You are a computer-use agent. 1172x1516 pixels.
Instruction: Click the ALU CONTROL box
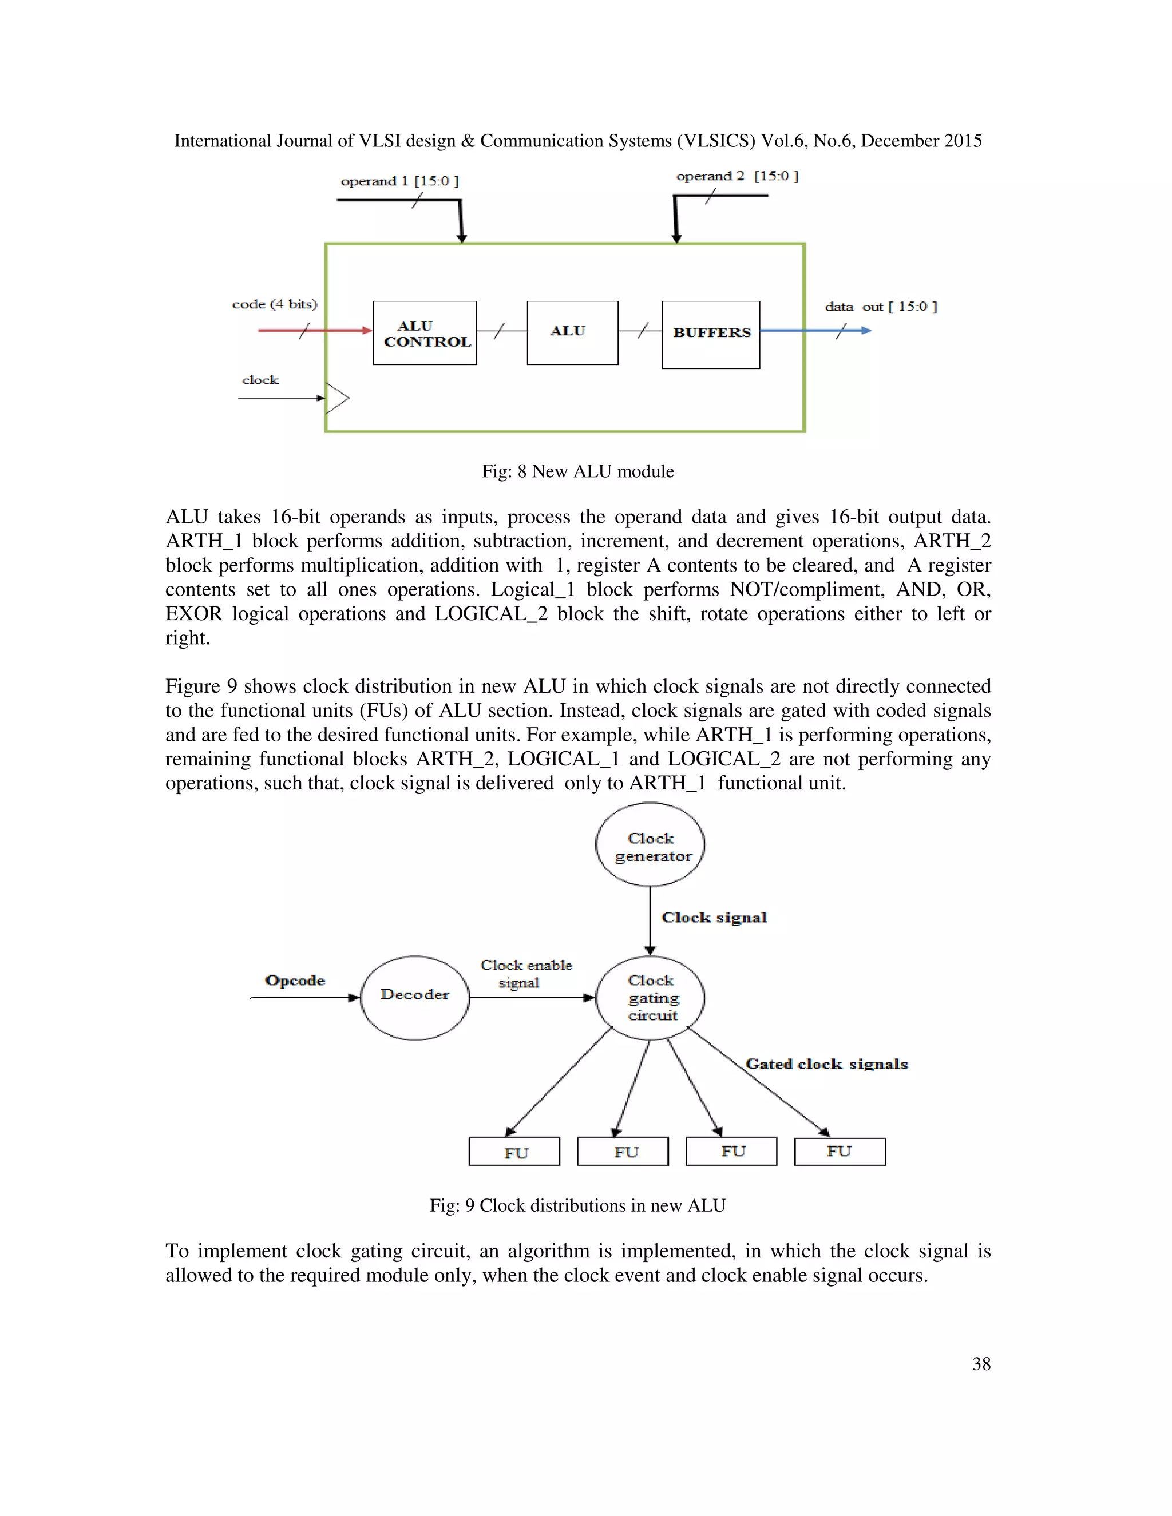point(425,333)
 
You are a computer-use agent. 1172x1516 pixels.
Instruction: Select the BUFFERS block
point(711,335)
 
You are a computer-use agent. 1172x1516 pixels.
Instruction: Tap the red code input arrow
point(315,331)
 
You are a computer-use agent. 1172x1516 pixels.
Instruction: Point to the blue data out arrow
point(816,331)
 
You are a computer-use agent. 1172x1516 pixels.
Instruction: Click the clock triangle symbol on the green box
point(336,398)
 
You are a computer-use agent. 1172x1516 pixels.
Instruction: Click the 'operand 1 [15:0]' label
point(399,181)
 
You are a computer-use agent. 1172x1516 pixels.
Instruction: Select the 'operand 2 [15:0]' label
point(737,176)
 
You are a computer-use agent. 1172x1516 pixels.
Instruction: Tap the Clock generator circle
point(651,845)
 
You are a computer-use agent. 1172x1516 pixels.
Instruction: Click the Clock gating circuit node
point(651,998)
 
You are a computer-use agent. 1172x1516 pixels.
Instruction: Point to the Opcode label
point(295,980)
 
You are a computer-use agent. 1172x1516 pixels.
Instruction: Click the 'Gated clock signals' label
point(826,1064)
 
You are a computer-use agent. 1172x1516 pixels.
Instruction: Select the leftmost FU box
point(514,1152)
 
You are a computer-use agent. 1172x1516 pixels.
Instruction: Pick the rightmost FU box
point(840,1152)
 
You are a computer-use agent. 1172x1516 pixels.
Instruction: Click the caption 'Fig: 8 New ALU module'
point(577,471)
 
